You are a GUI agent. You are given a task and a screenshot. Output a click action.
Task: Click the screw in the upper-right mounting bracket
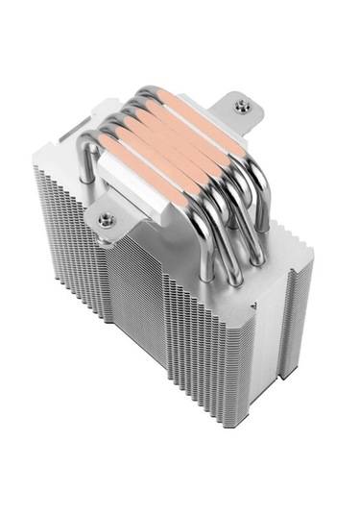coord(241,108)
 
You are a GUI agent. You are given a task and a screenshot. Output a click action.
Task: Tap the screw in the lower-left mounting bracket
coord(106,220)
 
